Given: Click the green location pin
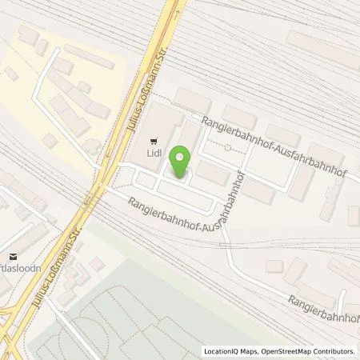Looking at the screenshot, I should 182,161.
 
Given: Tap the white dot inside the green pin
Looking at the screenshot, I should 182,157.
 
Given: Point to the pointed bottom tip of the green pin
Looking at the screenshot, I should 182,177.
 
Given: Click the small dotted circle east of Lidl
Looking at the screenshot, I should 229,147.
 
